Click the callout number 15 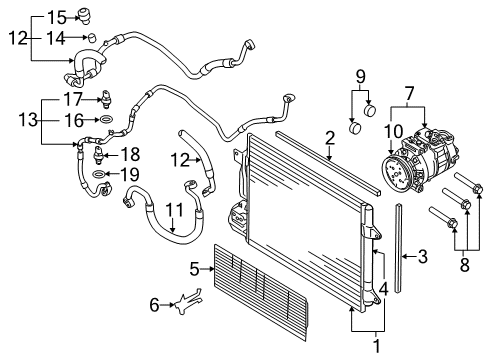(57, 17)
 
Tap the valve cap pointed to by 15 (84, 16)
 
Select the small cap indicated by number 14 (91, 37)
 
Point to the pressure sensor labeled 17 (105, 99)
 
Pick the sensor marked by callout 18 (99, 155)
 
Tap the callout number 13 (28, 119)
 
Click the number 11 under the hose (175, 210)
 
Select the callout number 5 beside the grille (194, 269)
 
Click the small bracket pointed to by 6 (189, 301)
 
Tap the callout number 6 (154, 305)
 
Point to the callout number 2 (329, 138)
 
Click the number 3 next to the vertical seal (423, 257)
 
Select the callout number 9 (361, 76)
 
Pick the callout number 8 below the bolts (465, 265)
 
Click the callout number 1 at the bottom (377, 346)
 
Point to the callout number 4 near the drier (384, 289)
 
